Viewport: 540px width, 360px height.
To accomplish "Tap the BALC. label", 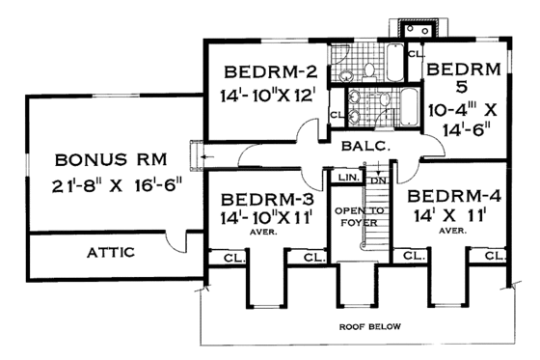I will point(363,147).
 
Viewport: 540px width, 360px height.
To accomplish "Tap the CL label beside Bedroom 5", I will point(414,54).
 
